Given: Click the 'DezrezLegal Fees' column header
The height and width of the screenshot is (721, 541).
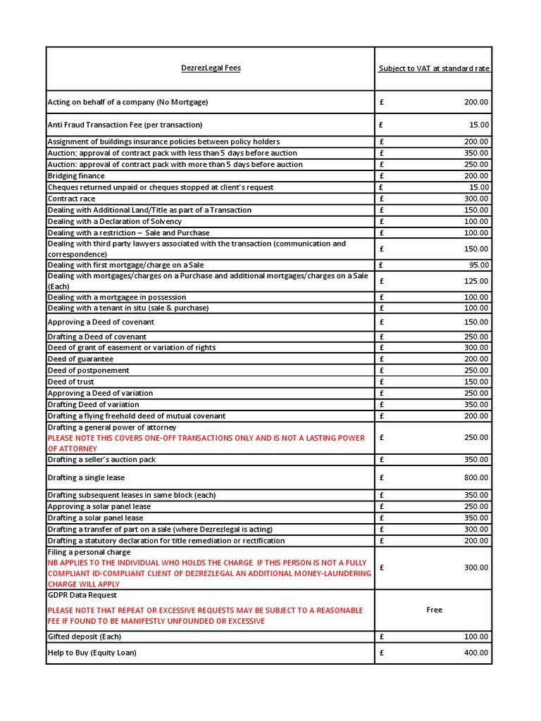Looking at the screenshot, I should tap(210, 68).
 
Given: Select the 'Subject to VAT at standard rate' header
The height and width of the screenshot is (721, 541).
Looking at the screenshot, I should tap(434, 68).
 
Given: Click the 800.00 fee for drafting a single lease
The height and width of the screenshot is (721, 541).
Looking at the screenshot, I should tap(476, 477).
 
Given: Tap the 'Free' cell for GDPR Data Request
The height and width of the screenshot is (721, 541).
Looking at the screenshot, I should tap(434, 610).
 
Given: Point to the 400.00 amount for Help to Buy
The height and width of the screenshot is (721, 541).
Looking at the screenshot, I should tap(476, 653).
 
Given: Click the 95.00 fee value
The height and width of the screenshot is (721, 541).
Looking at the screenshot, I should tap(478, 265).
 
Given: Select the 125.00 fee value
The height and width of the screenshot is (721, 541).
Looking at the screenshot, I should tap(476, 281).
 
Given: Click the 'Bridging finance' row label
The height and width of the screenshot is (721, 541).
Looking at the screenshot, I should tap(76, 176).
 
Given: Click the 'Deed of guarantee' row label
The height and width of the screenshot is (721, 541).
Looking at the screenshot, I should tap(80, 359).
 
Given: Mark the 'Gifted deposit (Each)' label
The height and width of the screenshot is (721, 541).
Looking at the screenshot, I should tap(85, 637).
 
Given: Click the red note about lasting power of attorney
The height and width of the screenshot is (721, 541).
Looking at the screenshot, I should tap(206, 443).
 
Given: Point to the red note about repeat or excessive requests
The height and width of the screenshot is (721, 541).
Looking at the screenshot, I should tap(205, 615).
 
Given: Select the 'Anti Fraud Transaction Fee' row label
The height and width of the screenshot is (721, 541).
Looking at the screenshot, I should tap(125, 125).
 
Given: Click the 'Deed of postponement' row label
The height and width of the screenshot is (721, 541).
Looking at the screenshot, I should tap(88, 370).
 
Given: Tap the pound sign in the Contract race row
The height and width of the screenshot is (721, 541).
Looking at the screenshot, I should tap(381, 199).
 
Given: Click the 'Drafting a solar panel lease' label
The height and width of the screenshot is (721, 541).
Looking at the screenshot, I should tap(95, 518).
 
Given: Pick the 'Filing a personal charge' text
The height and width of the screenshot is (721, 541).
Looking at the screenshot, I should tap(89, 552).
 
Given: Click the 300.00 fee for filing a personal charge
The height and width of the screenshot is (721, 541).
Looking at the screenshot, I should tap(476, 568).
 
